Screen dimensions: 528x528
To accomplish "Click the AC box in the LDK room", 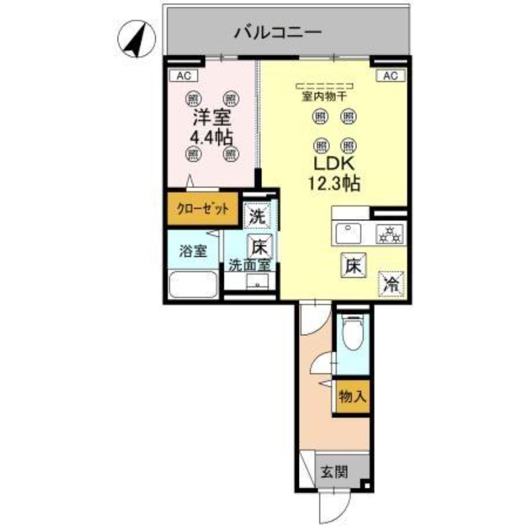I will [x=389, y=76].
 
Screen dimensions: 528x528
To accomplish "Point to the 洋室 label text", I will [x=211, y=119].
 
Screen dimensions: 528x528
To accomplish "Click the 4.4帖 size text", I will [x=211, y=138].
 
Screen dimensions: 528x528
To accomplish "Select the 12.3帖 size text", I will [x=334, y=183].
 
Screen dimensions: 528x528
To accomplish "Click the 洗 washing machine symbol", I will [x=256, y=215].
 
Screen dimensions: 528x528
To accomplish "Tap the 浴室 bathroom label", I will [x=192, y=251].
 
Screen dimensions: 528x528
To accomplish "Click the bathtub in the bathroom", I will [x=193, y=285].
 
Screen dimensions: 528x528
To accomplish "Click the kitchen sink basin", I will [x=349, y=234].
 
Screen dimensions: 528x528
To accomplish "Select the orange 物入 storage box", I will [x=352, y=397].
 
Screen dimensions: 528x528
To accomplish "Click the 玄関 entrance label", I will [x=335, y=472].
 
